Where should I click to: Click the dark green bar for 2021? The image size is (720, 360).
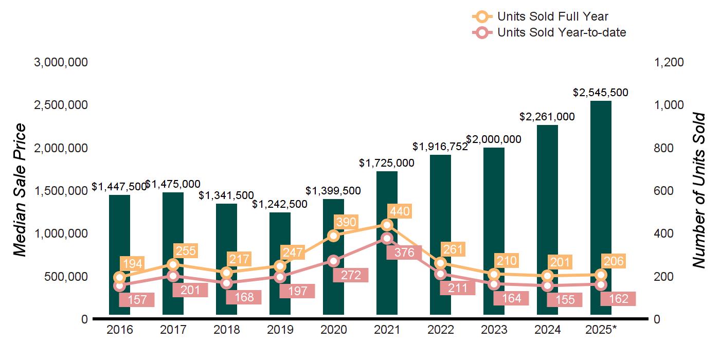point(387,278)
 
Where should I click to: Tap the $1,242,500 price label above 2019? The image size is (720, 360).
point(280,204)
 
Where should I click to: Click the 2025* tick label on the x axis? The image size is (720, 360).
point(601,330)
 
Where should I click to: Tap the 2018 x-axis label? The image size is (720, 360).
point(226,330)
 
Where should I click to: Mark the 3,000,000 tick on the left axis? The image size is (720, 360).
point(61,62)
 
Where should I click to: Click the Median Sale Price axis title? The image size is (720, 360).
point(20,190)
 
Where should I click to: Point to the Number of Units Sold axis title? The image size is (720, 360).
point(698,190)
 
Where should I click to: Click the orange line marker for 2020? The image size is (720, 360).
point(333,236)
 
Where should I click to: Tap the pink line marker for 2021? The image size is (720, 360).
point(387,238)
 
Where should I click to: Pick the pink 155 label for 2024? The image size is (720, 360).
point(565,300)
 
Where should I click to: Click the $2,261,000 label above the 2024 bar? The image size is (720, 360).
point(547,117)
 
